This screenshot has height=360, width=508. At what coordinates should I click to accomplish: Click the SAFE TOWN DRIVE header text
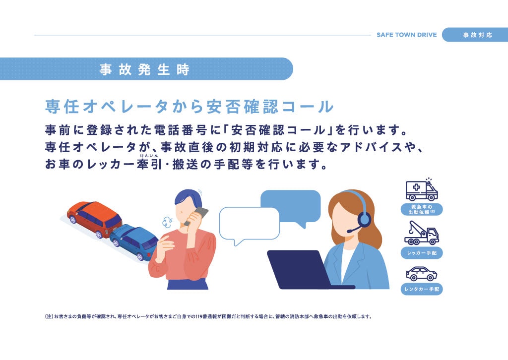(x=407, y=35)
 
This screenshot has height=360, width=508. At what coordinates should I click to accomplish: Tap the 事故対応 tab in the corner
(x=477, y=35)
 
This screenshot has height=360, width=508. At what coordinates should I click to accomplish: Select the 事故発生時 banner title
(x=144, y=69)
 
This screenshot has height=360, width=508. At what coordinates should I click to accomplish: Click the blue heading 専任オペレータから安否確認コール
(x=190, y=107)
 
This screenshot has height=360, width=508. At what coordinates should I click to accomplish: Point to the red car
(x=95, y=219)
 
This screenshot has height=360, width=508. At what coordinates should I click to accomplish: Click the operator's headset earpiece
(x=364, y=220)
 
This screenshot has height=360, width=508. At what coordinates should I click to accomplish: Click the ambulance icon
(x=422, y=190)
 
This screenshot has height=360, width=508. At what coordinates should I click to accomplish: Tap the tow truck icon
(x=422, y=233)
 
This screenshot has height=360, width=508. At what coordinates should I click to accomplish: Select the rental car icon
(x=422, y=274)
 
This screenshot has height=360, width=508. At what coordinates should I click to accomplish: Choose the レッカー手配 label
(x=422, y=253)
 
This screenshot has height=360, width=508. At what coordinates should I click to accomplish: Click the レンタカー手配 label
(x=422, y=289)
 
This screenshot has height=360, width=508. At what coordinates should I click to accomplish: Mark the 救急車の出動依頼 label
(x=422, y=209)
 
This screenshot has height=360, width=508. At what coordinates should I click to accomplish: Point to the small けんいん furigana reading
(x=149, y=156)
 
